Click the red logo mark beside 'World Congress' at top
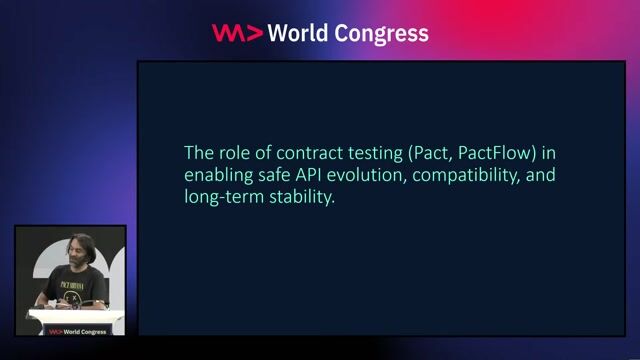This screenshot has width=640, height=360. [238, 33]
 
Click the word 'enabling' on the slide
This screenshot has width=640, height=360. [219, 176]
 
